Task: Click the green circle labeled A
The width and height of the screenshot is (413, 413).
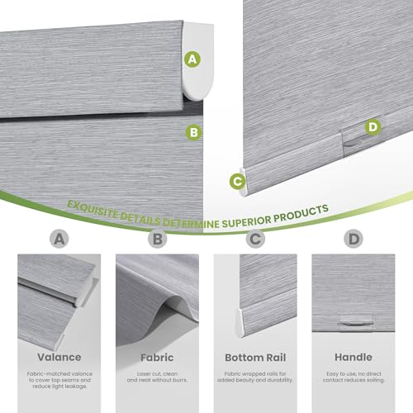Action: [192, 59]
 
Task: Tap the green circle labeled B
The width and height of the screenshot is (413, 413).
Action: [192, 131]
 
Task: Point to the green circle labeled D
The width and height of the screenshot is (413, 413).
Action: [373, 126]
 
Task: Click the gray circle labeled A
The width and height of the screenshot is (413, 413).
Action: [57, 240]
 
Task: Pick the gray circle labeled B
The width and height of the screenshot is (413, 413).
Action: [157, 240]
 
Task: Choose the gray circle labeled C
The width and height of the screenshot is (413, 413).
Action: [255, 240]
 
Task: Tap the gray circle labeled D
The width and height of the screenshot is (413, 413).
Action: [354, 240]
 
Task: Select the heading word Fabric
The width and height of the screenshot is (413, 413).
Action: [157, 358]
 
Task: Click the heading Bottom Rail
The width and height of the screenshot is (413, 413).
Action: [255, 358]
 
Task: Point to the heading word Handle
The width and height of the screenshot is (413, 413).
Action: [354, 358]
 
